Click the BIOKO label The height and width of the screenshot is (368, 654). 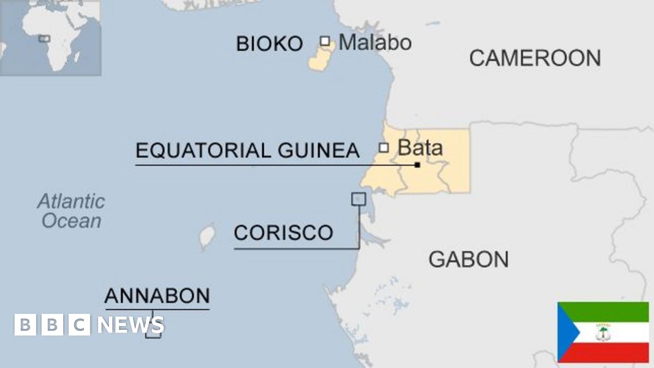click(x=269, y=44)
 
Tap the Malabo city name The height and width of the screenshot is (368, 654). click(x=375, y=42)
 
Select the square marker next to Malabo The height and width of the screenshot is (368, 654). click(x=325, y=41)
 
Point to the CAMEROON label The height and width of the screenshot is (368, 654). click(x=535, y=58)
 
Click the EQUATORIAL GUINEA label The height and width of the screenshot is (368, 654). click(x=247, y=150)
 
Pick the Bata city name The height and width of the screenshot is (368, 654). click(x=420, y=148)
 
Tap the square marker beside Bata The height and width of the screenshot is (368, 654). click(x=384, y=147)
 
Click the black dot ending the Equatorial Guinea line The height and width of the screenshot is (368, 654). click(x=417, y=165)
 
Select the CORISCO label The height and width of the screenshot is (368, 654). click(x=283, y=233)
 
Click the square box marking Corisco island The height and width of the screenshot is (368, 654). click(x=358, y=199)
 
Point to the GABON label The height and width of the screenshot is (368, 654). click(x=468, y=259)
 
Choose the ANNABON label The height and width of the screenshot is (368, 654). click(x=157, y=296)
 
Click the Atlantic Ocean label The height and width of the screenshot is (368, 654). click(x=71, y=211)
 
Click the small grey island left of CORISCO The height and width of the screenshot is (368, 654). click(x=206, y=238)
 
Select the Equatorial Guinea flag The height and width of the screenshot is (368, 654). click(x=603, y=332)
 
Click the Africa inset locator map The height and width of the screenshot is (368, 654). click(x=50, y=38)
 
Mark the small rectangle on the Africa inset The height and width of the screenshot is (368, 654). click(x=44, y=39)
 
